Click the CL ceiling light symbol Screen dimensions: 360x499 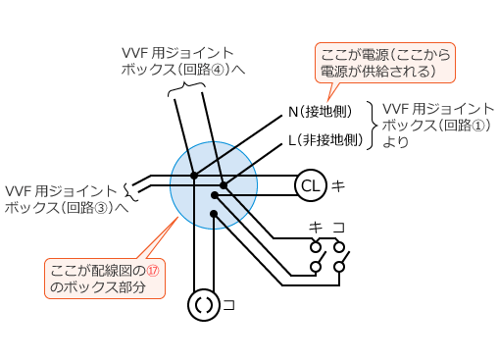point(310,185)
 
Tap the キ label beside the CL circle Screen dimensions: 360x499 point(337,185)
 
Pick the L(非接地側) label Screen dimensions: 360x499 point(325,139)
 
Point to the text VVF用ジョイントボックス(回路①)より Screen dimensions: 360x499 point(437,125)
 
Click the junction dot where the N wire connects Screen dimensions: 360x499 point(194,177)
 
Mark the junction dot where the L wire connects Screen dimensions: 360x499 point(224,184)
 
